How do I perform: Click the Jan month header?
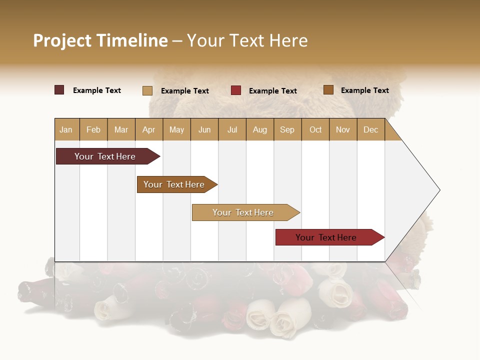point(66,129)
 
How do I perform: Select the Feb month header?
point(93,129)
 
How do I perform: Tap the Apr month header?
point(149,129)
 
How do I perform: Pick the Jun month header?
point(204,129)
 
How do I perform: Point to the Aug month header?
point(260,129)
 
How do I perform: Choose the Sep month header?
point(287,129)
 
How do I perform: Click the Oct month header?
point(315,129)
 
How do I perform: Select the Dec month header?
point(371,129)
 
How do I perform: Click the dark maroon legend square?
point(59,90)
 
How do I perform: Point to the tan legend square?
point(147,90)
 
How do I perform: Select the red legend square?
point(236,90)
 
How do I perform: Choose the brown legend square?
point(328,90)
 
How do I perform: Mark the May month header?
point(176,129)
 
